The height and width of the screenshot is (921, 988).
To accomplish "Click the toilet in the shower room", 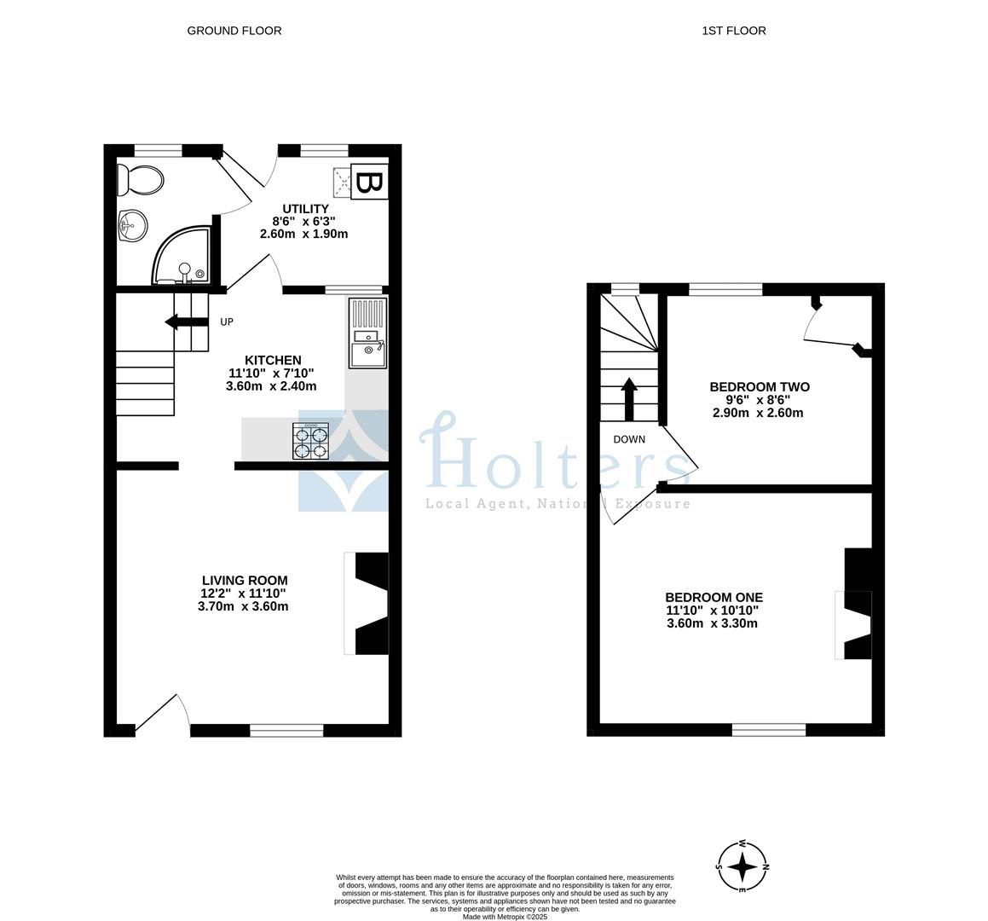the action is [x=140, y=180].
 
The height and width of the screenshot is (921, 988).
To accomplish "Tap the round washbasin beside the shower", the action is [x=132, y=225].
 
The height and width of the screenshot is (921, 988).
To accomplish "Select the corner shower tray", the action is [x=181, y=254].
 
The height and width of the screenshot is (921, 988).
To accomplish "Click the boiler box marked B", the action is [x=369, y=182].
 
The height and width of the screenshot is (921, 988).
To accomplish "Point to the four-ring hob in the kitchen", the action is [x=310, y=441].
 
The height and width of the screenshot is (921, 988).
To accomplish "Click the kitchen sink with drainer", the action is [x=368, y=333].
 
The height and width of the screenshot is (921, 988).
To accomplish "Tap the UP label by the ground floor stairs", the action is [x=227, y=322].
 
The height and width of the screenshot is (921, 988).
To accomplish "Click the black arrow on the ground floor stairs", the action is [x=187, y=322].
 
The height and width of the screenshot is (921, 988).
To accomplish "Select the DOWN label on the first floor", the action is [x=629, y=439].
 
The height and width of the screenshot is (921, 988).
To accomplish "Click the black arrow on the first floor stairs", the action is [x=629, y=399].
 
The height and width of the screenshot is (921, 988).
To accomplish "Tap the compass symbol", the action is [x=743, y=866].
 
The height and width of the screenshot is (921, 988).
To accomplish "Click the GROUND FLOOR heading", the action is [x=234, y=31].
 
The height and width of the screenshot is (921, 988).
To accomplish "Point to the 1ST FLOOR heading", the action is [x=734, y=31].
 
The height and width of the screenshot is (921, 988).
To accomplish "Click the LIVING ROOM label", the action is [x=246, y=581].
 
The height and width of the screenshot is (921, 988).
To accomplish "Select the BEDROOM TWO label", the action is [x=760, y=387].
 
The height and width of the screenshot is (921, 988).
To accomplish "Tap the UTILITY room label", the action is [x=305, y=209].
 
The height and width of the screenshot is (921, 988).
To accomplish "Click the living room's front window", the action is [x=286, y=731].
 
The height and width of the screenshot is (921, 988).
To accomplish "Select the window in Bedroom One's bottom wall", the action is [x=769, y=730].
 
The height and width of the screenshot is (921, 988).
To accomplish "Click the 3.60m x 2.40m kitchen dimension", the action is [x=272, y=386].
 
